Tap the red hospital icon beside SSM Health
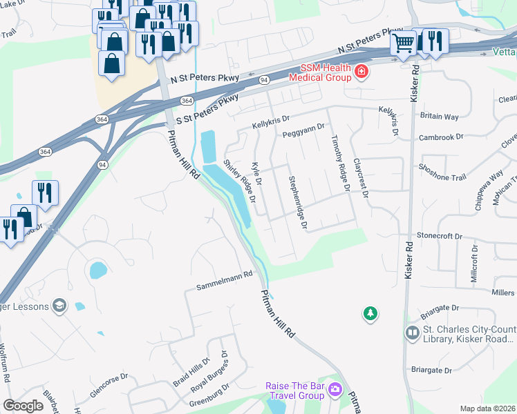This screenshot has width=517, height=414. click(x=360, y=72)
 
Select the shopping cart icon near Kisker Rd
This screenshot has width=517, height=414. click(x=403, y=42)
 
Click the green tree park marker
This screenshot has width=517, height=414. click(x=371, y=314)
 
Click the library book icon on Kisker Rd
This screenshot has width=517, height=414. click(x=413, y=333)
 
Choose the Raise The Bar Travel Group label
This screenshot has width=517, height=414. click(x=295, y=391)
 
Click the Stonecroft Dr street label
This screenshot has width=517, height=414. click(x=439, y=236)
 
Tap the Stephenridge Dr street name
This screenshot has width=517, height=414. click(x=297, y=202)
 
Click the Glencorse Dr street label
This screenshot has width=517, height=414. click(x=109, y=386)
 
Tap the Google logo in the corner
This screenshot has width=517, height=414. click(x=23, y=405)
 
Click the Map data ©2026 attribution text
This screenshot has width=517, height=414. click(x=487, y=408)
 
